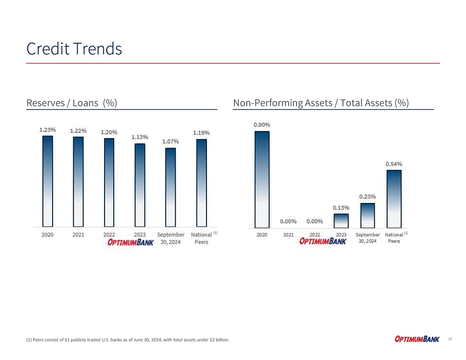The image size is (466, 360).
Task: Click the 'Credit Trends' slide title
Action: (74, 49)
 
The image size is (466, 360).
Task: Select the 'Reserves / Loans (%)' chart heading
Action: (71, 103)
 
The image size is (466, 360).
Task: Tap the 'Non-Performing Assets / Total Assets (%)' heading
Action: (321, 103)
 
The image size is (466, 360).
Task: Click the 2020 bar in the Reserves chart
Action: (48, 181)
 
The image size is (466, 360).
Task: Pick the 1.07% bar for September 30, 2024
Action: (170, 187)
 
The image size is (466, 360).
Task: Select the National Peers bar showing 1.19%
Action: (201, 183)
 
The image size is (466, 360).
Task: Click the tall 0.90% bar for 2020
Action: (262, 179)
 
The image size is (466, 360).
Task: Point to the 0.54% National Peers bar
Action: (394, 199)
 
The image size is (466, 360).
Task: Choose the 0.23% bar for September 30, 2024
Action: (368, 215)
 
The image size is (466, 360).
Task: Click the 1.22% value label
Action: (78, 131)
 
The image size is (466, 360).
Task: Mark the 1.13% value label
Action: (139, 137)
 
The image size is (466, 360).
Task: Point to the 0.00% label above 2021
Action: (288, 221)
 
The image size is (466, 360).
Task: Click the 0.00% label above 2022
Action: (315, 221)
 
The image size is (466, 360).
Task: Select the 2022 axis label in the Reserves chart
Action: (109, 235)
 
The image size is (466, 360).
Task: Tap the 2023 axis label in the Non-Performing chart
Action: (341, 235)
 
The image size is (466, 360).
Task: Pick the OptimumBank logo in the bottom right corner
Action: (417, 339)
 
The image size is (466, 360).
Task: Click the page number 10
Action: (450, 339)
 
